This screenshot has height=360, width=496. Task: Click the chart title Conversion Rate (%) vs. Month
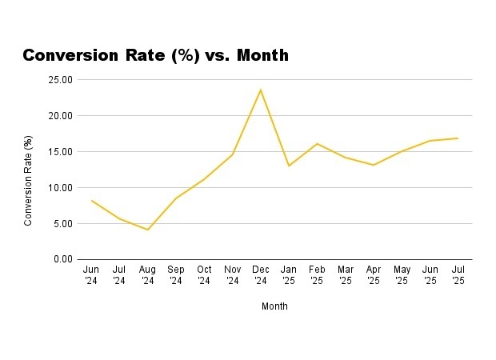pyautogui.click(x=155, y=55)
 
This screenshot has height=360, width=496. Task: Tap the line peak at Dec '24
pyautogui.click(x=261, y=90)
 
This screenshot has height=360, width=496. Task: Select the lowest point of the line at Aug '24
pyautogui.click(x=148, y=230)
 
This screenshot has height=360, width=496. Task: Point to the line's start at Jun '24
pyautogui.click(x=91, y=200)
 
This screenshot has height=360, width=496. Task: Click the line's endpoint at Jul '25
pyautogui.click(x=458, y=138)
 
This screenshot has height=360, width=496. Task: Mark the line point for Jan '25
pyautogui.click(x=289, y=166)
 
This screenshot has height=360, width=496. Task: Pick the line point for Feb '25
pyautogui.click(x=317, y=144)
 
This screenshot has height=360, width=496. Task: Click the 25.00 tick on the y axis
pyautogui.click(x=61, y=80)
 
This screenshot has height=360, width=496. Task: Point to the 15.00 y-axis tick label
pyautogui.click(x=61, y=152)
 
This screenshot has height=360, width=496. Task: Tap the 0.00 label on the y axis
pyautogui.click(x=63, y=260)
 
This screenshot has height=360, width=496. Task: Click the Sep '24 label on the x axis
pyautogui.click(x=176, y=275)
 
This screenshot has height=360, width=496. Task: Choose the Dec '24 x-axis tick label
pyautogui.click(x=261, y=275)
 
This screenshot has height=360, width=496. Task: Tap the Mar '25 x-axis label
pyautogui.click(x=345, y=275)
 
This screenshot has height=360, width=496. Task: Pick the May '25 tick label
pyautogui.click(x=402, y=275)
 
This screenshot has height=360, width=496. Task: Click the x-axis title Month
pyautogui.click(x=274, y=306)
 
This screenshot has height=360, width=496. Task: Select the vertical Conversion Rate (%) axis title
pyautogui.click(x=29, y=181)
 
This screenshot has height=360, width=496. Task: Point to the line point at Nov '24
pyautogui.click(x=232, y=154)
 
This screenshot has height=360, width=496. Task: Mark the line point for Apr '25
pyautogui.click(x=374, y=165)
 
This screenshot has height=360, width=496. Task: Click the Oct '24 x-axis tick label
pyautogui.click(x=204, y=275)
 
